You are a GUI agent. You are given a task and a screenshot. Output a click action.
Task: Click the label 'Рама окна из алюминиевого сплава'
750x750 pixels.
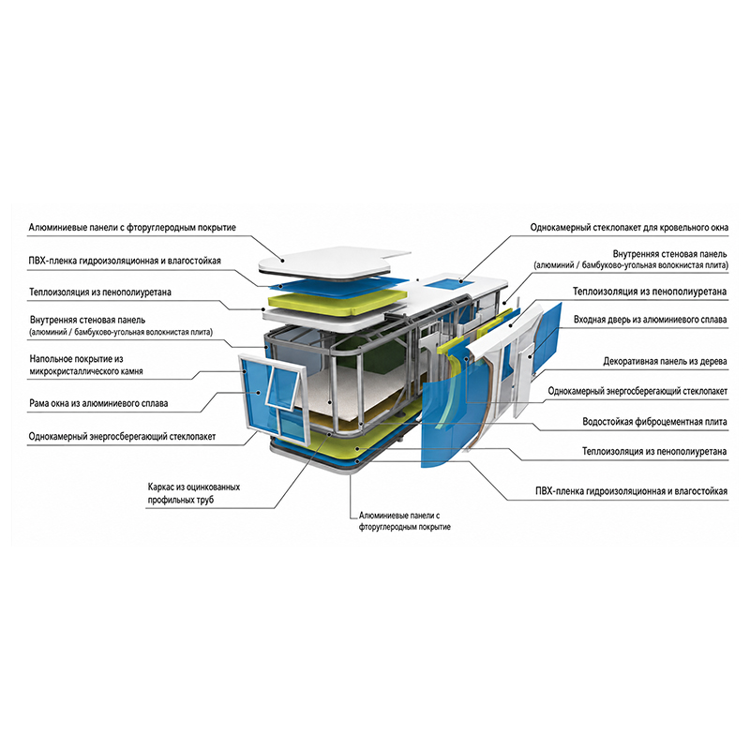coord(98,403)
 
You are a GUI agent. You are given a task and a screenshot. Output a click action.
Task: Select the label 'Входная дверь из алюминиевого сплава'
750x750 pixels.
coord(650,320)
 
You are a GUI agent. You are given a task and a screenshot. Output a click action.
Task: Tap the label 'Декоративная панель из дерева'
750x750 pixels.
coord(665,362)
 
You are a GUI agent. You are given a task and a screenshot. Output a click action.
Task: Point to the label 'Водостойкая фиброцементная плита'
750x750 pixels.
coord(654,421)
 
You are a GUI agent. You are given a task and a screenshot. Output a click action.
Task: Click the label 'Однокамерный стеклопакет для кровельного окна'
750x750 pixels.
coord(629,227)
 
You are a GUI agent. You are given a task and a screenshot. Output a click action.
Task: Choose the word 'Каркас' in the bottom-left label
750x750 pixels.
coord(161,487)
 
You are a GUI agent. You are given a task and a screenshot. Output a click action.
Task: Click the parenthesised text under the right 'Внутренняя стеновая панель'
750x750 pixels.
coord(631,265)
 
